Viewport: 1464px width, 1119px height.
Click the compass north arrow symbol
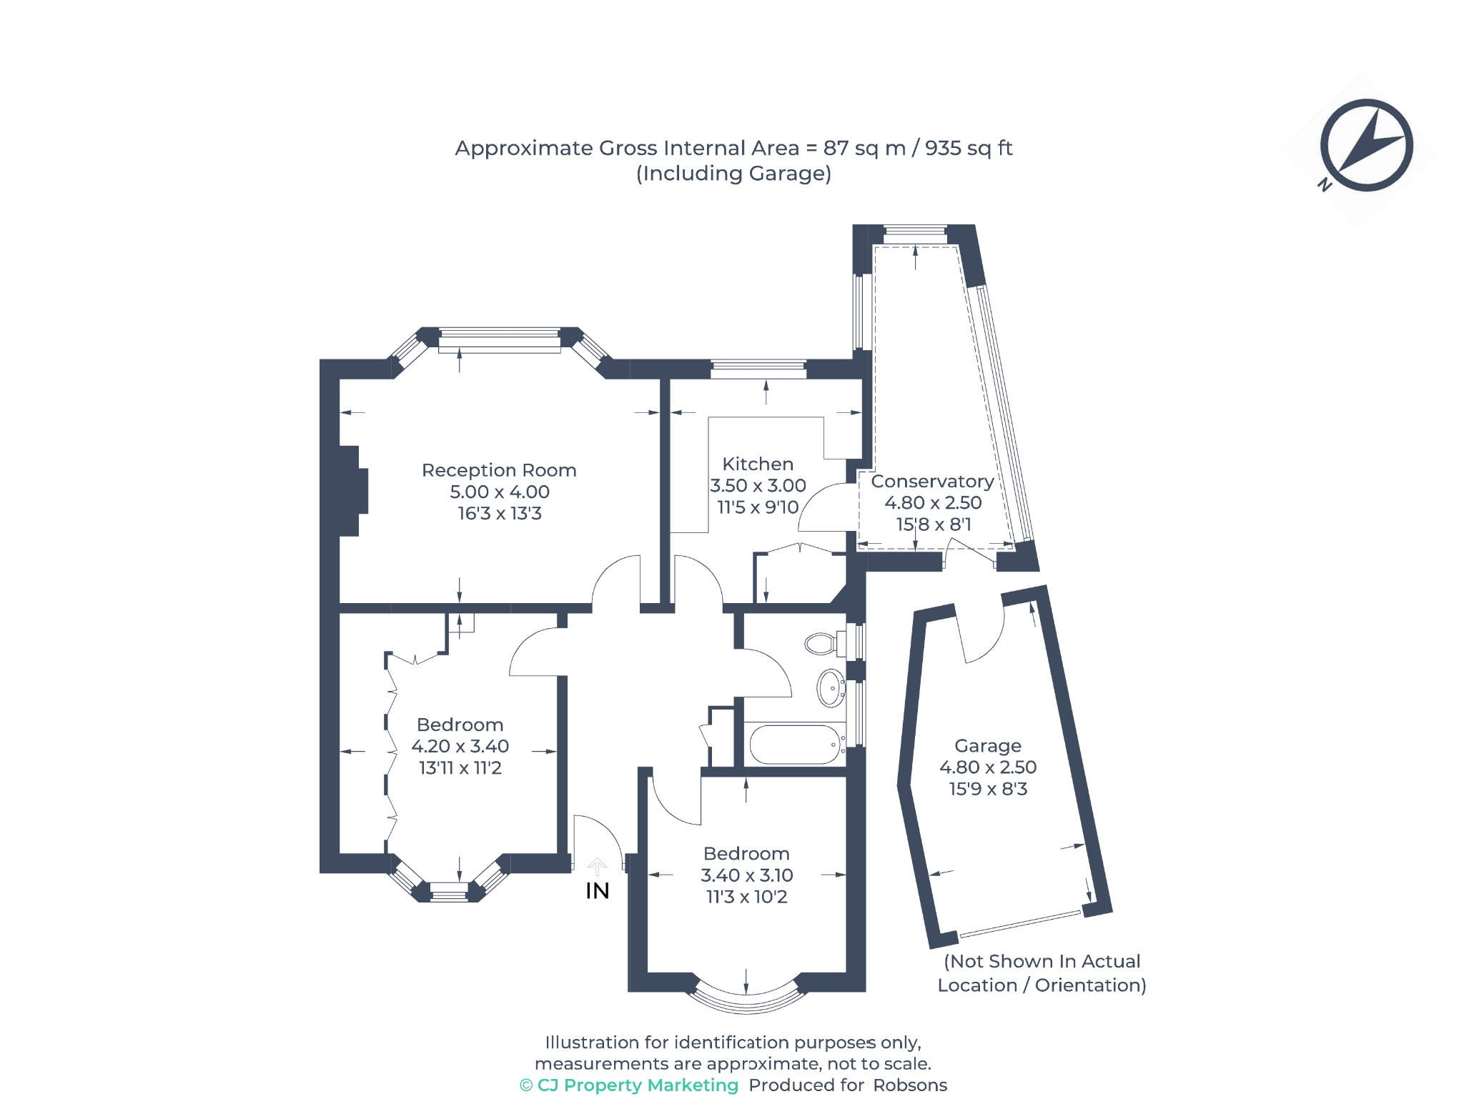click(1366, 145)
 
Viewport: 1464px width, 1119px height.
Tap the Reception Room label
click(499, 470)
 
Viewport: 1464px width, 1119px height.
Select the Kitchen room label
click(758, 464)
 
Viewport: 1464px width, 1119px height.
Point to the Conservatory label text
click(932, 482)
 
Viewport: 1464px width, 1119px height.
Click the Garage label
click(988, 746)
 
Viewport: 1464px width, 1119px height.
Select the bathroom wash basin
click(831, 688)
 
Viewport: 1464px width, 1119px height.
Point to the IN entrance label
click(598, 891)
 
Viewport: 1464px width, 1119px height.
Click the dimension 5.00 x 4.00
click(500, 492)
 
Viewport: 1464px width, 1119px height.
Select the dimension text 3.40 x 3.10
click(747, 875)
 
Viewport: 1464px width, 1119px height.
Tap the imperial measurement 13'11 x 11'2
click(460, 768)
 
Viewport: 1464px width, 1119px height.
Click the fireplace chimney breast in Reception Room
click(353, 491)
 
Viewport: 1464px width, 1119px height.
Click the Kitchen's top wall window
click(758, 369)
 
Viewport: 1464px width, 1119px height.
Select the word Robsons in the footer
click(910, 1085)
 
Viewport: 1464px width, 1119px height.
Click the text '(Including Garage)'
click(733, 174)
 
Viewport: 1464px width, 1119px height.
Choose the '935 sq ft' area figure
click(969, 148)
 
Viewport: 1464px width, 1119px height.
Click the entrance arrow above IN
click(597, 867)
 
